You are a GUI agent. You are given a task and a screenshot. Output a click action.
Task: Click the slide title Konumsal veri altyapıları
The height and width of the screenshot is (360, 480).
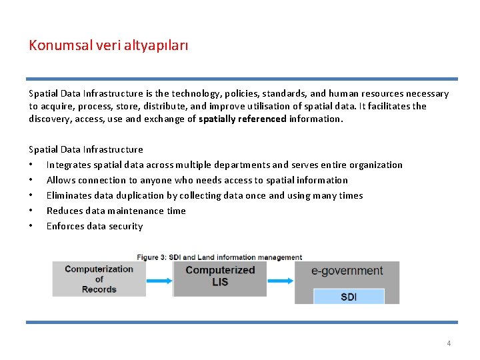pyautogui.click(x=109, y=45)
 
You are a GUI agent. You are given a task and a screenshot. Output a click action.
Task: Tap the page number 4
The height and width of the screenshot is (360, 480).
pyautogui.click(x=449, y=343)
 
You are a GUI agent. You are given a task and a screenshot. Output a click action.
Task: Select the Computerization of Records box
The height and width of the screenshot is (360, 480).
pyautogui.click(x=99, y=279)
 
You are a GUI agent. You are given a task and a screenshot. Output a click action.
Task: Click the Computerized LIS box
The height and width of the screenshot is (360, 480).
pyautogui.click(x=220, y=276)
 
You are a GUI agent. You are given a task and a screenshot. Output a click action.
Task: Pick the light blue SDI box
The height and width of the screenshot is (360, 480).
pyautogui.click(x=349, y=296)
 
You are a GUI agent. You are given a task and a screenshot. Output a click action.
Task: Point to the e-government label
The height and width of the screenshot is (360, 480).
pyautogui.click(x=347, y=271)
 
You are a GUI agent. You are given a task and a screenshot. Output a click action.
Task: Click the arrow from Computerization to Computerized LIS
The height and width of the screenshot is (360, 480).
pyautogui.click(x=159, y=281)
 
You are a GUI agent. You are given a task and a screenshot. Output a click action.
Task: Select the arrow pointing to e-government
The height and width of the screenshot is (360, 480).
pyautogui.click(x=280, y=281)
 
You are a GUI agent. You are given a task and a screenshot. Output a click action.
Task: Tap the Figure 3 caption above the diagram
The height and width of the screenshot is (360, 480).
pyautogui.click(x=219, y=257)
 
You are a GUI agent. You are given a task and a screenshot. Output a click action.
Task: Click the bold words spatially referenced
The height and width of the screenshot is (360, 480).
pyautogui.click(x=242, y=119)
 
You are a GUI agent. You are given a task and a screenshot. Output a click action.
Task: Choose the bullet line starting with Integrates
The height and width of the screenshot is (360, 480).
pyautogui.click(x=224, y=165)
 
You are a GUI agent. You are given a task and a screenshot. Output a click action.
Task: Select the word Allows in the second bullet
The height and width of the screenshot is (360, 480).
pyautogui.click(x=61, y=180)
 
